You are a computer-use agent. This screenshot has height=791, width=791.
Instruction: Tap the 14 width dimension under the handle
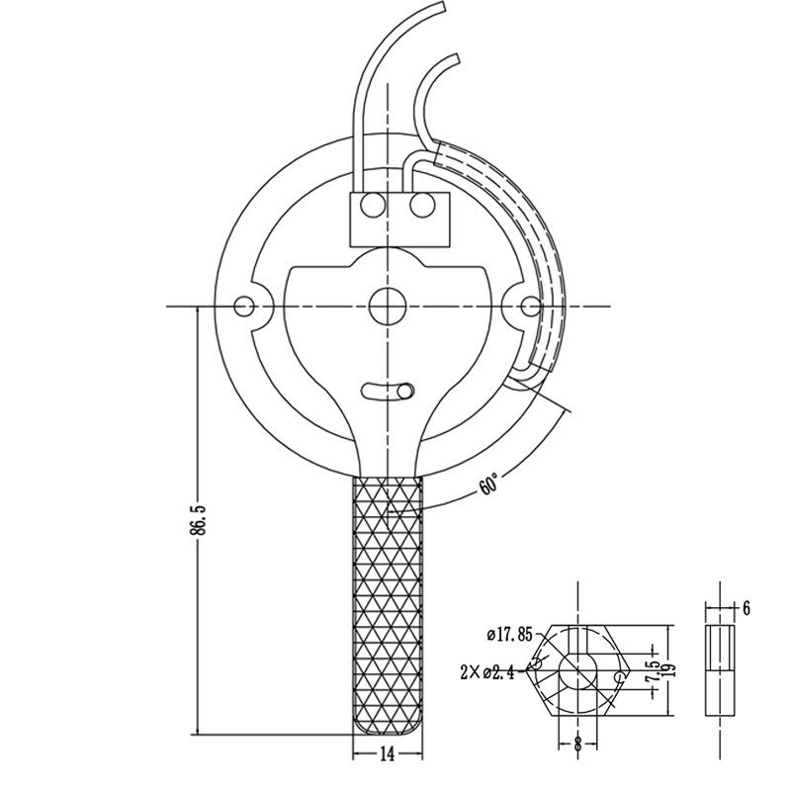click(x=387, y=754)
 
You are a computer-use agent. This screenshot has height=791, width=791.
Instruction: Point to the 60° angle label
click(x=488, y=484)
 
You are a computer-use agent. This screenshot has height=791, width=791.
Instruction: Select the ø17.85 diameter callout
click(x=509, y=634)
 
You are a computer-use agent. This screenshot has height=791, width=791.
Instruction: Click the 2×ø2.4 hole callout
click(x=487, y=672)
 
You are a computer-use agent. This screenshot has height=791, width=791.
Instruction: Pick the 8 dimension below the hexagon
click(x=577, y=743)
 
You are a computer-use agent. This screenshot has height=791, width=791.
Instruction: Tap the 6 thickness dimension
click(x=747, y=608)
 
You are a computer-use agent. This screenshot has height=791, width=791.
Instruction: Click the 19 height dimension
click(x=670, y=670)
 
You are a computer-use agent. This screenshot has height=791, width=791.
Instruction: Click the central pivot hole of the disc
click(x=387, y=307)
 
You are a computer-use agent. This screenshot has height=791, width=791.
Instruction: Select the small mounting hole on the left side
click(x=244, y=307)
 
